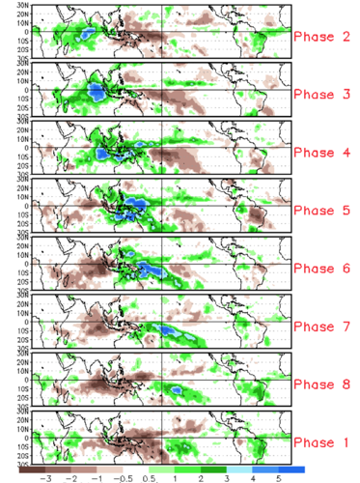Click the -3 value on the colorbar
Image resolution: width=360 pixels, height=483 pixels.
point(44,477)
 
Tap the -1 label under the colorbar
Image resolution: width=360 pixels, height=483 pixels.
point(97,477)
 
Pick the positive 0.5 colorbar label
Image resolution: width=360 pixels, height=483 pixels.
point(151,477)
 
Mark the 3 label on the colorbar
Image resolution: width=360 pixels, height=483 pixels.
point(228,477)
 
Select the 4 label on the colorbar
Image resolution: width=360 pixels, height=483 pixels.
point(254,477)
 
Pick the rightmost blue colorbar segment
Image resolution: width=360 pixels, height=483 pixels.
point(293,468)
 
